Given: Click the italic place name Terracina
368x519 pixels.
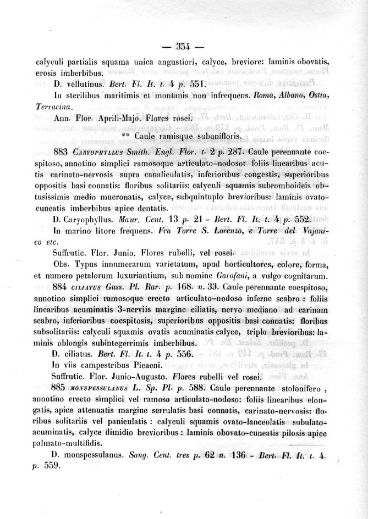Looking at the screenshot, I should pos(59,106).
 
